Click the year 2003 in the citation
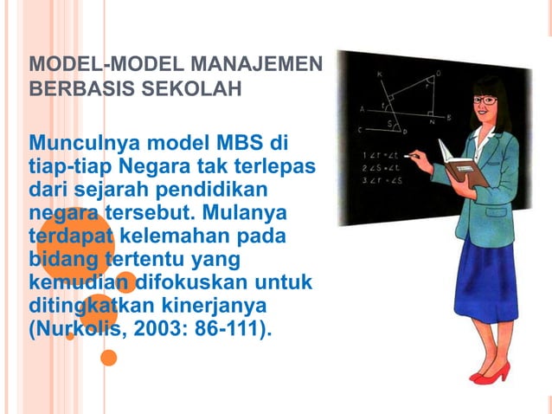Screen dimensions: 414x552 (x=152, y=330)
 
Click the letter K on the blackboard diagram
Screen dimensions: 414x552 (x=379, y=74)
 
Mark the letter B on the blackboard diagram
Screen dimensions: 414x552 (x=448, y=116)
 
